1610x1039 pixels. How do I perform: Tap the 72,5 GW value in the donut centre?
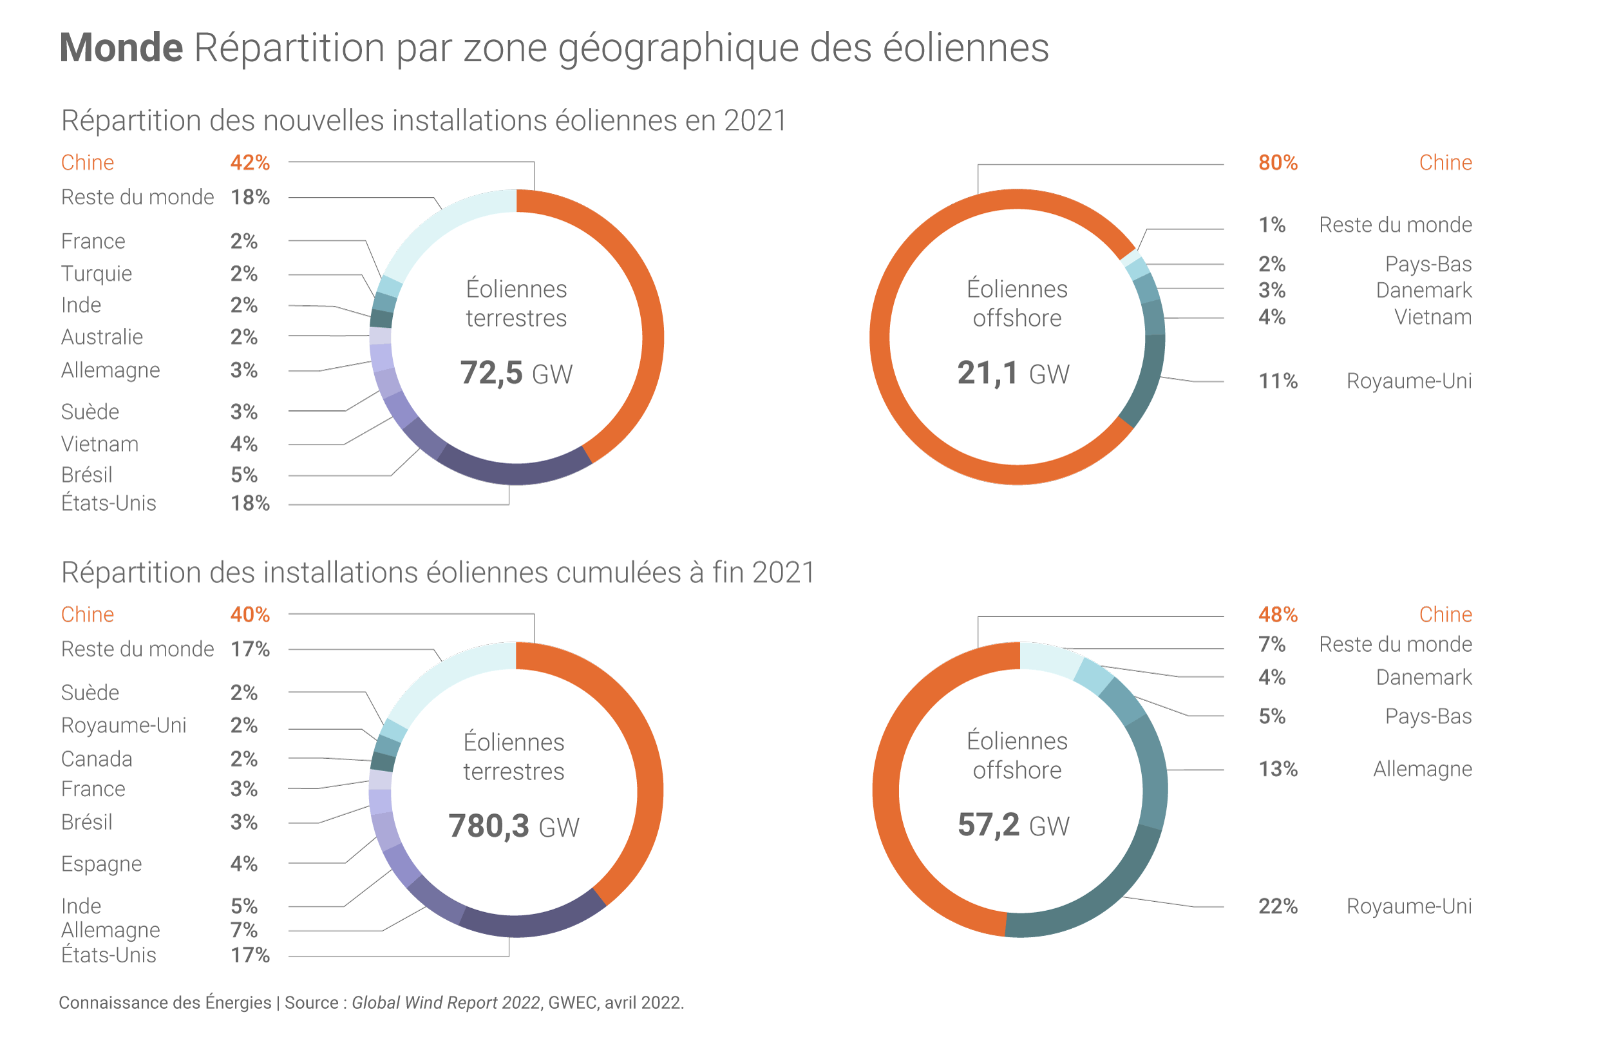click(516, 373)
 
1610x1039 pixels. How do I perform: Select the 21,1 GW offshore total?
click(1013, 373)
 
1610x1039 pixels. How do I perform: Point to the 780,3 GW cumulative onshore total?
click(513, 826)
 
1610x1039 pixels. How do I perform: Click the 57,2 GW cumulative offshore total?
click(1013, 825)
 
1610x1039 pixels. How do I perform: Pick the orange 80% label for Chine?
click(1278, 162)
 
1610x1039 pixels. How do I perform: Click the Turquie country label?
click(97, 274)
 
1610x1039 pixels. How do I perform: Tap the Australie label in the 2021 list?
click(102, 337)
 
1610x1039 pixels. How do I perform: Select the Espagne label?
click(101, 864)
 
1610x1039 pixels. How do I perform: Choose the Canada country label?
click(97, 759)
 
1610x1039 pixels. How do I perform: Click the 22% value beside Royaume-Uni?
click(1278, 906)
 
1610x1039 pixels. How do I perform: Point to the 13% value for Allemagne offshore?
click(1278, 769)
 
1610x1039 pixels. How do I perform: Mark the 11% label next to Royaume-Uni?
click(1278, 381)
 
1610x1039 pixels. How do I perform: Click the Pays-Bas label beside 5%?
click(1428, 716)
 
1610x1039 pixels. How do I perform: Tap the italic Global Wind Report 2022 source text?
click(446, 1002)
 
